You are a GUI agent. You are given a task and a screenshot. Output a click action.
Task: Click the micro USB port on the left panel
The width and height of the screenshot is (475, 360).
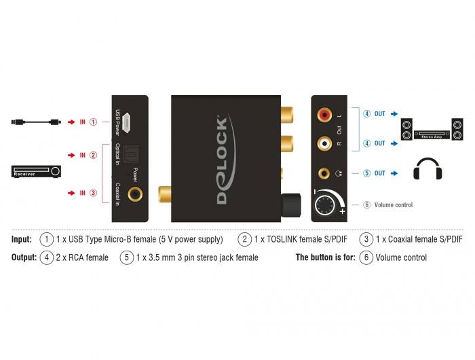click(136, 123)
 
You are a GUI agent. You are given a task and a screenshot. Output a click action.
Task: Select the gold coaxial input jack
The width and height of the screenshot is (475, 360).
click(137, 193)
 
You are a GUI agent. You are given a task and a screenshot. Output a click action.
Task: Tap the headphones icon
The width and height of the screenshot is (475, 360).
click(427, 169)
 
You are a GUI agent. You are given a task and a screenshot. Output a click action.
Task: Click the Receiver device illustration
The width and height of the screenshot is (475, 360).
click(37, 173)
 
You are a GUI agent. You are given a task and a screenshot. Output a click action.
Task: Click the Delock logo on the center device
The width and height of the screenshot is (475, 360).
click(222, 159)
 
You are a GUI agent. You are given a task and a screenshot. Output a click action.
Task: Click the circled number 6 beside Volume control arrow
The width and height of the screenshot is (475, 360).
click(366, 204)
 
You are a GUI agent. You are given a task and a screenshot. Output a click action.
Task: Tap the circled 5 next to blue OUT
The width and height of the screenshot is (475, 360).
click(366, 173)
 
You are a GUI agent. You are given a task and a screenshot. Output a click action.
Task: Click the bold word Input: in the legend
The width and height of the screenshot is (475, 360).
click(22, 239)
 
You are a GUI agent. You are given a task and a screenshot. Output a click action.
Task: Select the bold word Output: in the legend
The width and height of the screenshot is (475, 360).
click(24, 257)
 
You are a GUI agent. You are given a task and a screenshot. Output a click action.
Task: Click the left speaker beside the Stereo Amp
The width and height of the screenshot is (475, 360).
click(406, 129)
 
